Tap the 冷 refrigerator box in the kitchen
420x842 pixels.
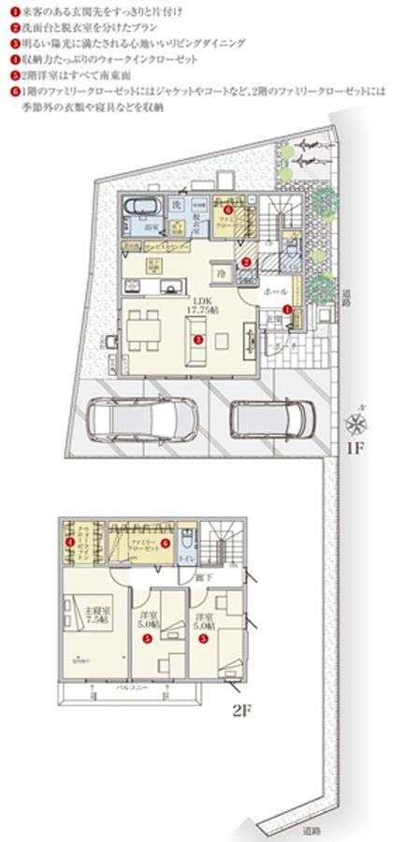pos(222,273)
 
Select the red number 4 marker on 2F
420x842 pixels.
pos(69,542)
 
